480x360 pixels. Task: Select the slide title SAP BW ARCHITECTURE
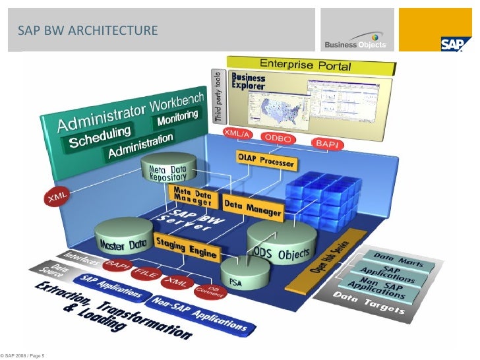click(88, 30)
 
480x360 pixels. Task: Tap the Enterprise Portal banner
click(310, 65)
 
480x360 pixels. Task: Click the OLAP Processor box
click(266, 160)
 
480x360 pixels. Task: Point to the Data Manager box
click(252, 208)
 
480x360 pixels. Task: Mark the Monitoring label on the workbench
click(176, 119)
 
